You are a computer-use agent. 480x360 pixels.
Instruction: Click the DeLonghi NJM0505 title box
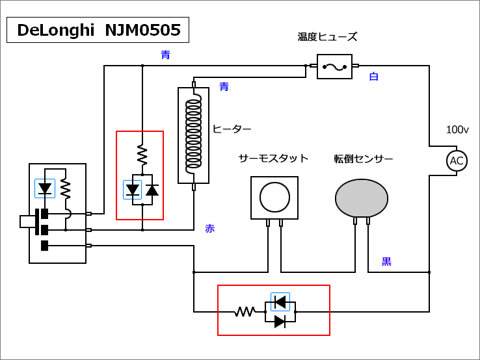(98, 30)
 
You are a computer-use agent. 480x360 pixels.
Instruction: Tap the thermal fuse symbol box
(334, 66)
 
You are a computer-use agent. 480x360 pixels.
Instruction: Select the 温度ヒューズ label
(327, 37)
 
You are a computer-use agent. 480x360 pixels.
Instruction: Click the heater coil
(193, 135)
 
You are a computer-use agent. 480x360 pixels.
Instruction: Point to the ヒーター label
(232, 129)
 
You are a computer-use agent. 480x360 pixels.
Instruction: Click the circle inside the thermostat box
(274, 198)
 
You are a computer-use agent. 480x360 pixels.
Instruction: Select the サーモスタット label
(273, 159)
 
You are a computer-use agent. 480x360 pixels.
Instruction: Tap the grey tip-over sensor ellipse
(362, 198)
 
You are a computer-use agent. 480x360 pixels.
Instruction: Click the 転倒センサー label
(364, 159)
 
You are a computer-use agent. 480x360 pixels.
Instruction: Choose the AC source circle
(457, 161)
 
